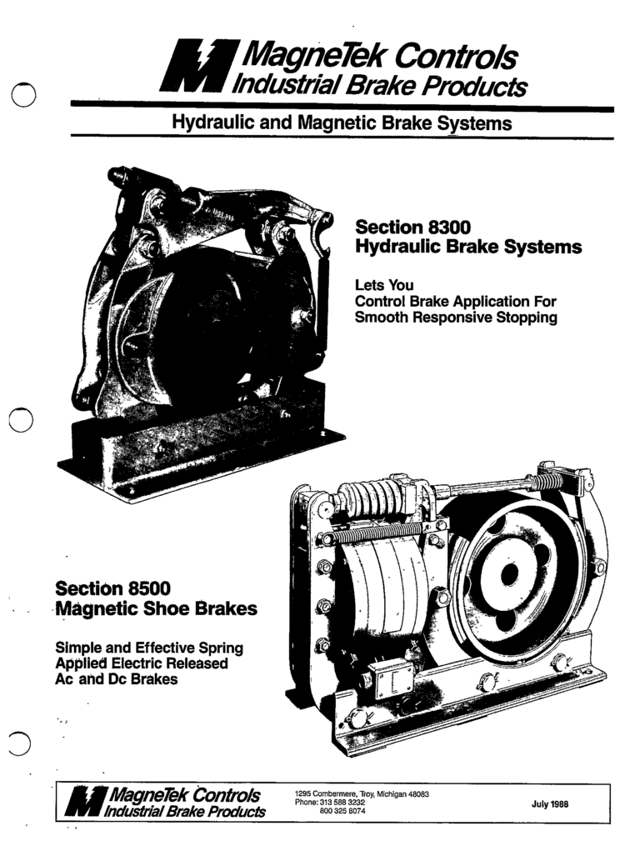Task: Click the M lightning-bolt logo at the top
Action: (199, 66)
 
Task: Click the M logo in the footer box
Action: (85, 803)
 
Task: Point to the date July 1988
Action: (550, 804)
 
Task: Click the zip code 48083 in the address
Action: (418, 794)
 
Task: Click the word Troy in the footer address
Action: (367, 794)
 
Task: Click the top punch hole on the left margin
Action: (23, 95)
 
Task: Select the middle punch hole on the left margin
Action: (21, 419)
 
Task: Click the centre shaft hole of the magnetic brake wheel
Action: (509, 574)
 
